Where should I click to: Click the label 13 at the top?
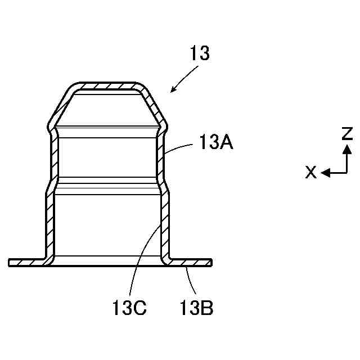[x=200, y=54]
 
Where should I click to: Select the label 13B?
[x=196, y=308]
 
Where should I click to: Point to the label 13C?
[x=129, y=308]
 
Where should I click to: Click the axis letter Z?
[x=348, y=134]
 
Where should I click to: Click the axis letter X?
[x=310, y=173]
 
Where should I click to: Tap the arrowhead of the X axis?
[x=325, y=173]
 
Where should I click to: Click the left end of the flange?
[x=10, y=263]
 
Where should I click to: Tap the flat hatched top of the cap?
[x=107, y=86]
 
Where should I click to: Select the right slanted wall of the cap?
[x=154, y=107]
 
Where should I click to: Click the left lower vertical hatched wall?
[x=49, y=225]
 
